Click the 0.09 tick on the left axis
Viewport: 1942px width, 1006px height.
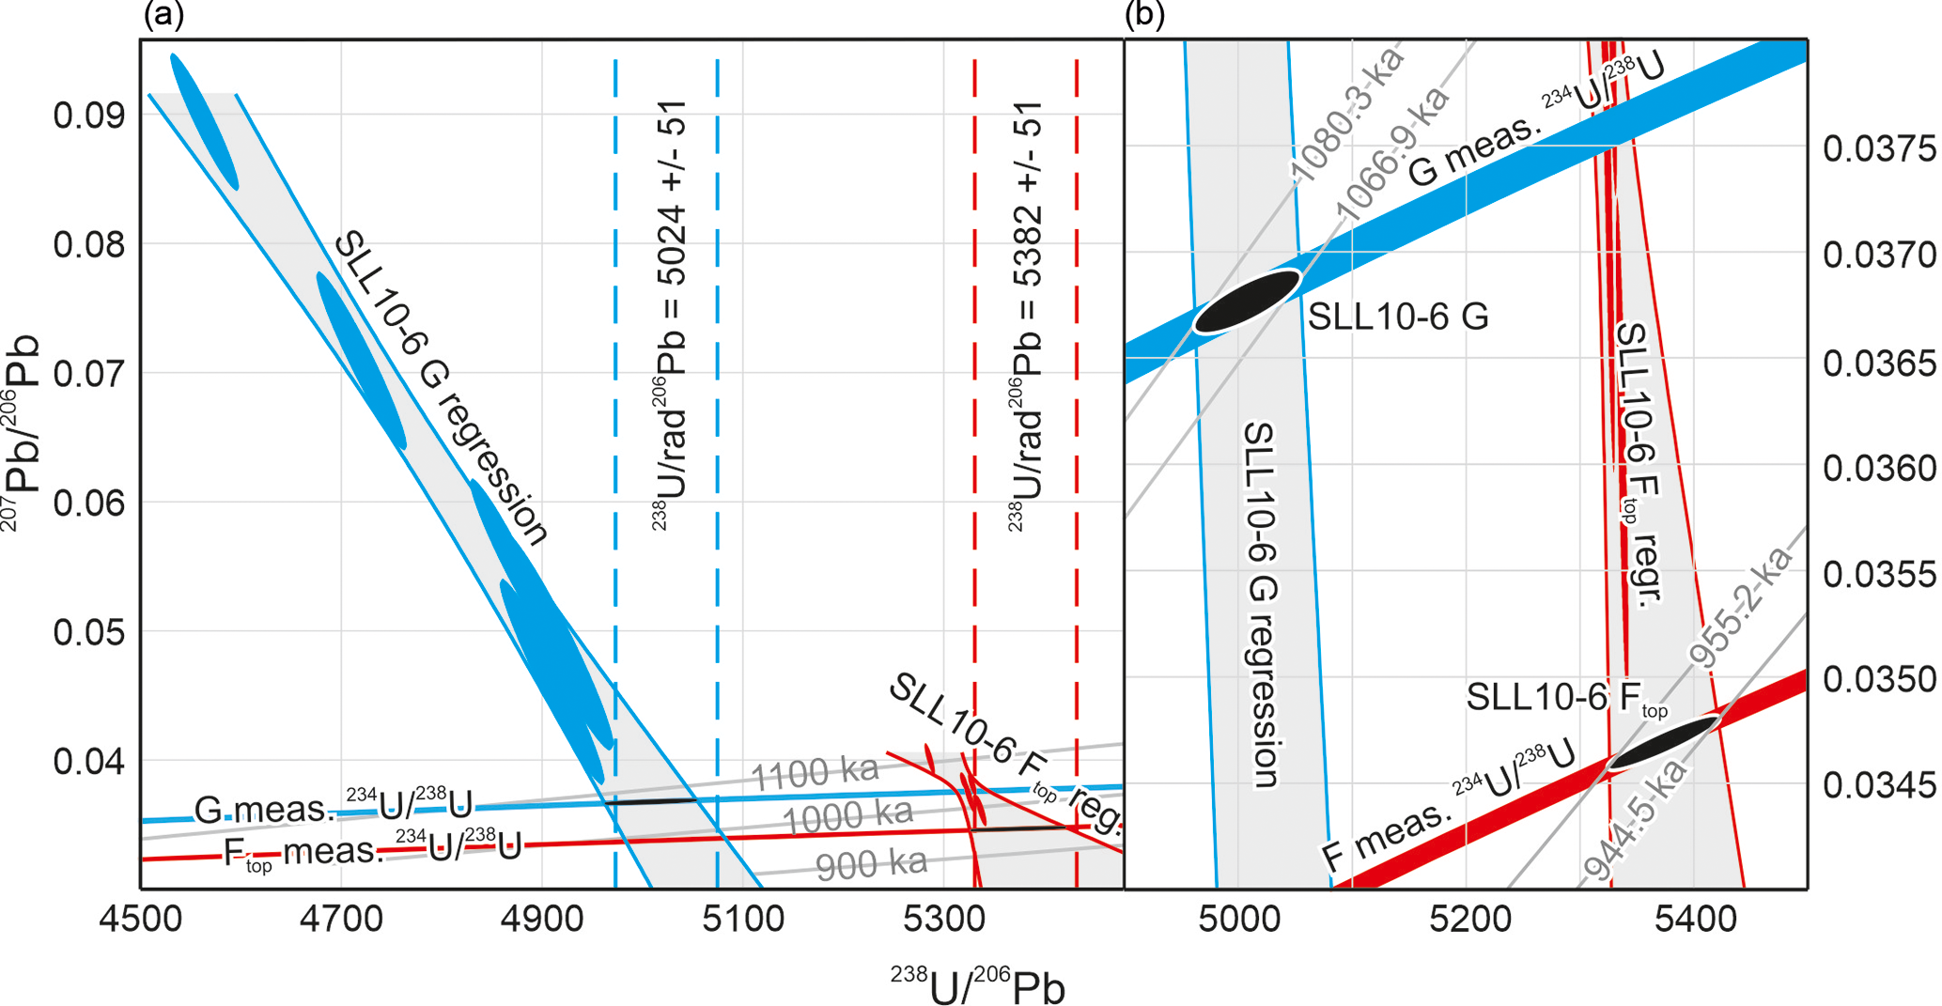point(88,116)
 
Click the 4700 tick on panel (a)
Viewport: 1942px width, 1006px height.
point(341,918)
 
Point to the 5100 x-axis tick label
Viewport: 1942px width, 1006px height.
point(743,918)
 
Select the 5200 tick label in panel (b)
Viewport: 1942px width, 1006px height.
point(1469,918)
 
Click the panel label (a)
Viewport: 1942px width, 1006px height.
point(163,15)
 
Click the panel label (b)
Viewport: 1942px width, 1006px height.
point(1144,15)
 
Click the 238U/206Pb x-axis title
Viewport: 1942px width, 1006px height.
point(977,986)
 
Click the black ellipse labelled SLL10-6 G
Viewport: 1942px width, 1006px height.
point(1247,302)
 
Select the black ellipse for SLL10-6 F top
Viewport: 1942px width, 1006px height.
point(1663,743)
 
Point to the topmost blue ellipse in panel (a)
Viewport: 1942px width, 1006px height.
point(204,121)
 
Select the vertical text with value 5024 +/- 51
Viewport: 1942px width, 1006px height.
point(670,315)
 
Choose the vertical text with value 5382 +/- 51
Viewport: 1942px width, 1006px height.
point(1026,315)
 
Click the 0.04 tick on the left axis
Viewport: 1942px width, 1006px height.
point(88,762)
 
